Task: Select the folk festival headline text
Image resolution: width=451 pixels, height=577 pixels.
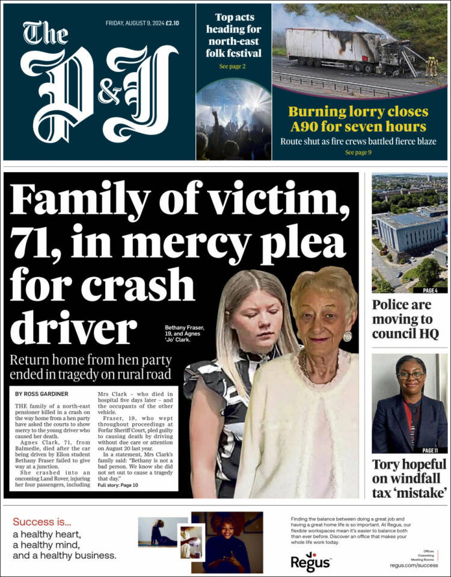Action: [234, 35]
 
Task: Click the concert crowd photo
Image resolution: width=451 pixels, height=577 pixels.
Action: [234, 120]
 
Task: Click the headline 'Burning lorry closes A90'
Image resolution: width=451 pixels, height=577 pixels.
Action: [358, 119]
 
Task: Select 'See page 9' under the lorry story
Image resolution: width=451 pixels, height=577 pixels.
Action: [358, 153]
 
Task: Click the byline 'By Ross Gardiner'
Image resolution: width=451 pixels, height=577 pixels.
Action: [41, 394]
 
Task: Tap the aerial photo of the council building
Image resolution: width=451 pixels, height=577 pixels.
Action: [410, 231]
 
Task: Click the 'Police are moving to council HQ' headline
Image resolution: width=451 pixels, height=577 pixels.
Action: [410, 319]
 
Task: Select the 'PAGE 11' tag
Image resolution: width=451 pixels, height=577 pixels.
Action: [431, 450]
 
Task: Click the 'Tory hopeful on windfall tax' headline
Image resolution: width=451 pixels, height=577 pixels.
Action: [410, 478]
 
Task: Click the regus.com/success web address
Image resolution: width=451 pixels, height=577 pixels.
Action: [414, 565]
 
